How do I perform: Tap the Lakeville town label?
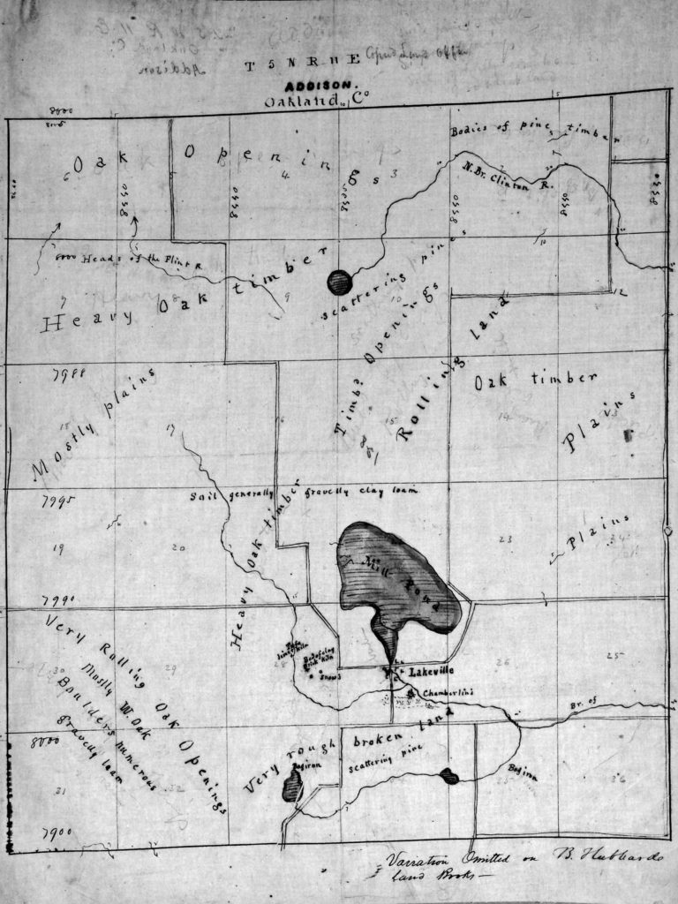[430, 672]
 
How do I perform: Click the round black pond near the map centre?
[340, 282]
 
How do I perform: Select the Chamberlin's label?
[446, 693]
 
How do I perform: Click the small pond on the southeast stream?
[448, 777]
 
